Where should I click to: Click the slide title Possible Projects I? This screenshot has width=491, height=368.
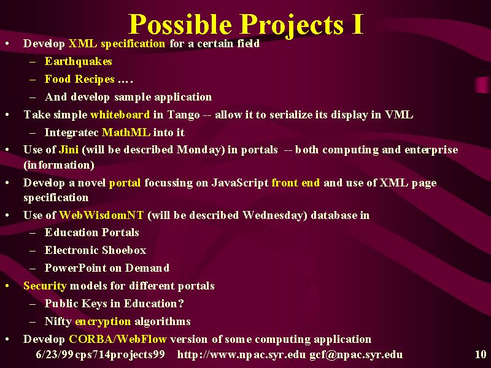[x=246, y=25]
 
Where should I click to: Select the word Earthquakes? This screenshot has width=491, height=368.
[x=79, y=61]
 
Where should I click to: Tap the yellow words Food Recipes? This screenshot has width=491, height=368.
[x=80, y=79]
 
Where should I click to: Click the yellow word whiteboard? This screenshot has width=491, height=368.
[x=120, y=115]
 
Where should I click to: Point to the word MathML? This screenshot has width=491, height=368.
[x=126, y=132]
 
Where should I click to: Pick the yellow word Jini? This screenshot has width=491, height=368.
[x=69, y=150]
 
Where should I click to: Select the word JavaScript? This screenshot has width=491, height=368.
[x=240, y=183]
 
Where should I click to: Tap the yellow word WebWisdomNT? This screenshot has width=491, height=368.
[x=101, y=215]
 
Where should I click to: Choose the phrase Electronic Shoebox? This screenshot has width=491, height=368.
[x=96, y=250]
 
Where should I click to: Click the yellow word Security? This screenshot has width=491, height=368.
[x=45, y=286]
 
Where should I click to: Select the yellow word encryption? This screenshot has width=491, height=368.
[x=103, y=321]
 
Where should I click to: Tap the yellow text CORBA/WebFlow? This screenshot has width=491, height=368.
[x=118, y=339]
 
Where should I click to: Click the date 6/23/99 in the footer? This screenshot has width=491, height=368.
[x=55, y=355]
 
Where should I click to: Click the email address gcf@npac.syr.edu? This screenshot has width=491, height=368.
[x=356, y=355]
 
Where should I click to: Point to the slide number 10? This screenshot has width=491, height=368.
[x=481, y=355]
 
